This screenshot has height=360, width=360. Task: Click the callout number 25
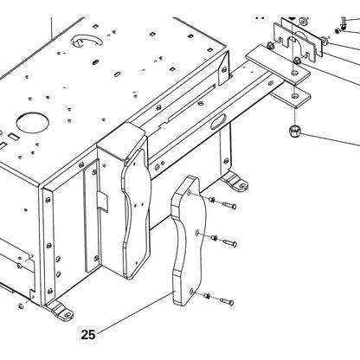tap(88, 335)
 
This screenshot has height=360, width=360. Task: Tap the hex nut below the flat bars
tap(295, 132)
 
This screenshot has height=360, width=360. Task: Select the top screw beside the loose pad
tap(230, 205)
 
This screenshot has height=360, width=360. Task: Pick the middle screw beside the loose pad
tap(230, 243)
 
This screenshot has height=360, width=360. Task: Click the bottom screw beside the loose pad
tap(227, 302)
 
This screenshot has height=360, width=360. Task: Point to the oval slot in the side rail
tap(218, 121)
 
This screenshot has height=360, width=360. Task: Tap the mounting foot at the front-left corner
tap(60, 310)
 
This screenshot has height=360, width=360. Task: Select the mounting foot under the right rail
tap(235, 181)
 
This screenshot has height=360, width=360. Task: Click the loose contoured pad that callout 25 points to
tap(189, 241)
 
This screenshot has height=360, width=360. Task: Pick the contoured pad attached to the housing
tap(136, 214)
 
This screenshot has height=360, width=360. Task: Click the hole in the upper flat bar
tap(293, 74)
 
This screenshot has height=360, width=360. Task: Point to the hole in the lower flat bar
tap(294, 95)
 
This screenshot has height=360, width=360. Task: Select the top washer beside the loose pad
tap(212, 199)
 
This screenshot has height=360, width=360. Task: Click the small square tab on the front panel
tap(102, 202)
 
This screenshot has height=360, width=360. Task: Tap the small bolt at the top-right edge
tap(344, 22)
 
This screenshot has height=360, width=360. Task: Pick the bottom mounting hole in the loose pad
tap(192, 292)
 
